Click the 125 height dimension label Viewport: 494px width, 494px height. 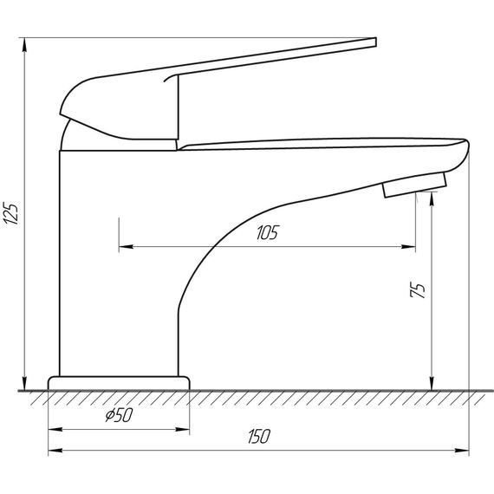(10, 213)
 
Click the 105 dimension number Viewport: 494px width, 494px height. (268, 233)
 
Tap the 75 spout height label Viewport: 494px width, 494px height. (418, 289)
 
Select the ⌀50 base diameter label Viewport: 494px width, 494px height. (119, 415)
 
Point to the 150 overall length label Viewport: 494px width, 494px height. (259, 436)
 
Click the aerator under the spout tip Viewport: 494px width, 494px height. (414, 185)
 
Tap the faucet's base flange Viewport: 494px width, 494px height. (119, 383)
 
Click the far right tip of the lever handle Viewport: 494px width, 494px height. (376, 42)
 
